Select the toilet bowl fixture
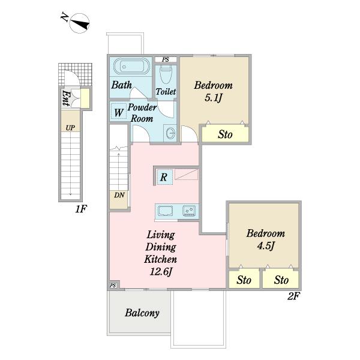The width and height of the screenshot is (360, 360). [166, 74]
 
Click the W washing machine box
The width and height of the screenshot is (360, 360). [118, 112]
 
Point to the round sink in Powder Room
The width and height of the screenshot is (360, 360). [170, 133]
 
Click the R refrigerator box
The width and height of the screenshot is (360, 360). [164, 177]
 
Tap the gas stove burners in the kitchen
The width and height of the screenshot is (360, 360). [190, 211]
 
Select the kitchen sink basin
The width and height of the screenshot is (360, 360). [165, 211]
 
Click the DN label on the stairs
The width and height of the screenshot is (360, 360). [119, 195]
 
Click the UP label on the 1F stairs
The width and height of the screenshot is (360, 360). [70, 128]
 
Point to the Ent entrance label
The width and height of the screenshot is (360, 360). [67, 98]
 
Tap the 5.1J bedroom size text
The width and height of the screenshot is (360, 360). [213, 98]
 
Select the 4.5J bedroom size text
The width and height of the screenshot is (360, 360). [266, 246]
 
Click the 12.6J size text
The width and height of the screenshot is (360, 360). [161, 272]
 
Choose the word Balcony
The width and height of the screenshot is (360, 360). [142, 313]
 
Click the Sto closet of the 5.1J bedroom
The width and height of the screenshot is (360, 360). [225, 134]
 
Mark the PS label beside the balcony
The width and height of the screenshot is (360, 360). [113, 286]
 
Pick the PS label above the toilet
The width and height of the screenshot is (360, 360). [166, 59]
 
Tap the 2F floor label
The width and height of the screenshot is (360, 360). [293, 296]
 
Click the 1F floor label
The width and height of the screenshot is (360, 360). [81, 209]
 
